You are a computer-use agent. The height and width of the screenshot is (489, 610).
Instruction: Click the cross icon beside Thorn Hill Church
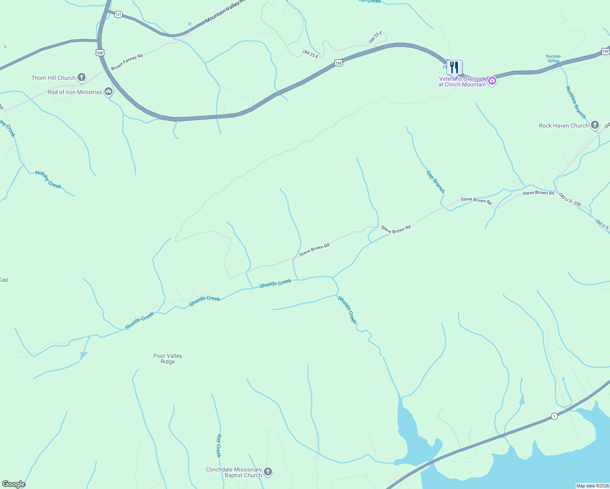[82, 77]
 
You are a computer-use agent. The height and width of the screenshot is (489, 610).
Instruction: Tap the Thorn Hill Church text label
[53, 78]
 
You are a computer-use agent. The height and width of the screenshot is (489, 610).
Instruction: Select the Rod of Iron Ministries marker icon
[108, 92]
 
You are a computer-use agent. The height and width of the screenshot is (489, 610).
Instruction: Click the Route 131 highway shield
[118, 14]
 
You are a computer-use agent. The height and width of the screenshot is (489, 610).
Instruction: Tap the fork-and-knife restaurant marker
[454, 68]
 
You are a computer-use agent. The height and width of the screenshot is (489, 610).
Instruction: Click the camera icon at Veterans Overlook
[492, 81]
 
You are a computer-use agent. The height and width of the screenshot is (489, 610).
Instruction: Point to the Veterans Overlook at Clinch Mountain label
[462, 82]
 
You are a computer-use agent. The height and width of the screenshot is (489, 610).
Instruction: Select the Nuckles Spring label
[553, 59]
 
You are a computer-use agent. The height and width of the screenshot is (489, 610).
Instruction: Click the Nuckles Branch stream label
[575, 102]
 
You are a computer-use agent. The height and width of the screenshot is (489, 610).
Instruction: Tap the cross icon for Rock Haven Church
[595, 125]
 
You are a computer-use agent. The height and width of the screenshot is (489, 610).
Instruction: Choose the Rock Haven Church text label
[564, 126]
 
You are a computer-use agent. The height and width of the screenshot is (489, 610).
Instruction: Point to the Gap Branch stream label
[435, 182]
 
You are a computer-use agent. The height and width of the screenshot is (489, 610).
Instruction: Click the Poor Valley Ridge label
[168, 359]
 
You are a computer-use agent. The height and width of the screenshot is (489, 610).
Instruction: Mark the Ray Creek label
[219, 445]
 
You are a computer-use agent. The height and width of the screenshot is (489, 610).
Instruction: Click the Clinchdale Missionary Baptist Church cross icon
[268, 472]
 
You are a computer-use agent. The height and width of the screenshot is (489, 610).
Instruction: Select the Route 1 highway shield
[554, 416]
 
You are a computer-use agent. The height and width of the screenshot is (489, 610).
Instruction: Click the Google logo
[14, 484]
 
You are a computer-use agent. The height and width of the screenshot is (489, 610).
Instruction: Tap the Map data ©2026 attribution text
[592, 486]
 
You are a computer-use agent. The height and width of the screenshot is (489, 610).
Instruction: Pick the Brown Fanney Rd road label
[127, 62]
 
